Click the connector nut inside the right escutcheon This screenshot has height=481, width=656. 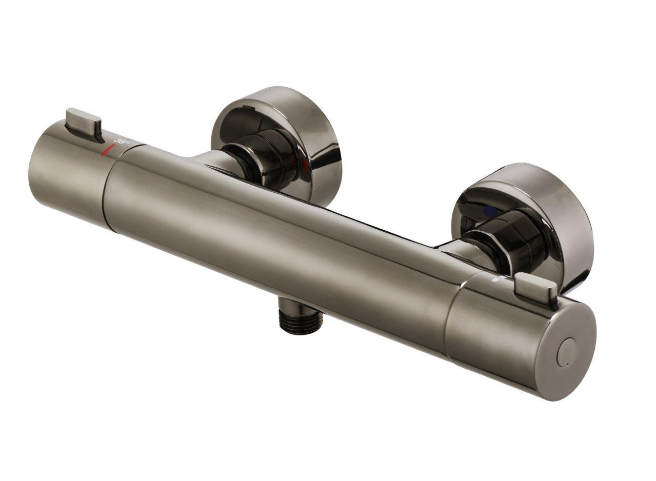[x=505, y=246]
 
